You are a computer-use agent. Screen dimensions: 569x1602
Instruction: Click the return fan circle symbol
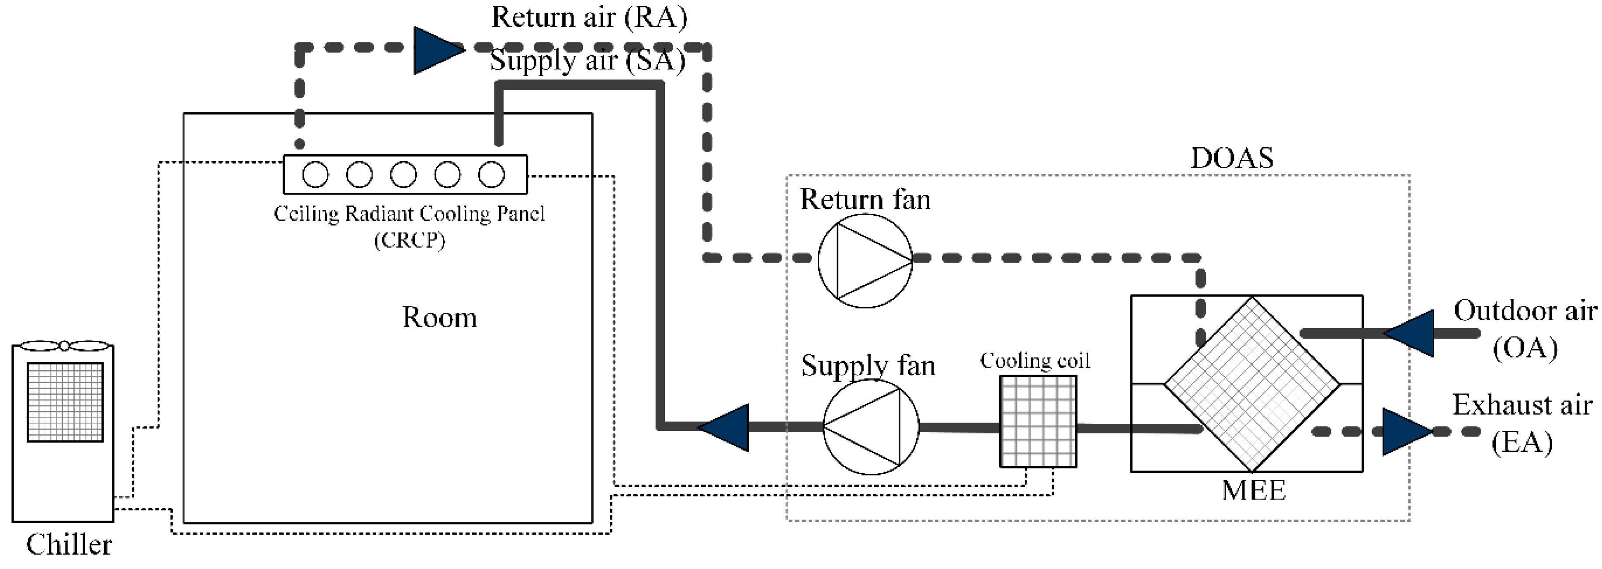(865, 260)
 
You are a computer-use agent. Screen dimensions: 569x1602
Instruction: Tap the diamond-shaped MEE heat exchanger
(1251, 384)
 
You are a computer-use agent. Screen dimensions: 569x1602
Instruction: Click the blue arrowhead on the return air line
(437, 50)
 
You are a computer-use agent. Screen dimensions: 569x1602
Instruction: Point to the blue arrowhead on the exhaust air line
(1405, 432)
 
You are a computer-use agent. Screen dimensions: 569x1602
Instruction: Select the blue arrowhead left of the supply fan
(726, 427)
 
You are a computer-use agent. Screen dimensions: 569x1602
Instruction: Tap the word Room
(439, 318)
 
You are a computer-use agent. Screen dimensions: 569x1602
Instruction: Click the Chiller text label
(69, 545)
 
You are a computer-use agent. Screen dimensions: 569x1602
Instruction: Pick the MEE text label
(1253, 490)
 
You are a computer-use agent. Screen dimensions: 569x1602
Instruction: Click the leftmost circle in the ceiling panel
(315, 175)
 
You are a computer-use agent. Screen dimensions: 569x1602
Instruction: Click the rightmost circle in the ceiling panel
(491, 175)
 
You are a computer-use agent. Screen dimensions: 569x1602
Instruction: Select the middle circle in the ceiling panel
(403, 175)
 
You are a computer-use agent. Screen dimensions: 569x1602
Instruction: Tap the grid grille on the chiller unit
(65, 402)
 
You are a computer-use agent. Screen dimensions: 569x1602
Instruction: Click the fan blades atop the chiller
(64, 345)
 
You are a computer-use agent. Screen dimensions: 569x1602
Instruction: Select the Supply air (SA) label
(587, 61)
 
